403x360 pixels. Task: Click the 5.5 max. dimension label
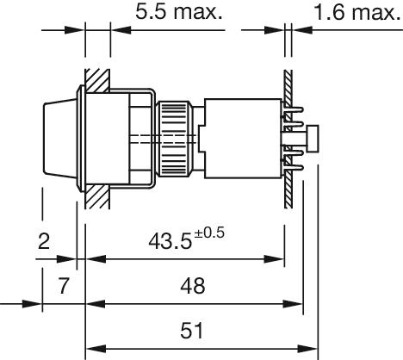click(x=179, y=12)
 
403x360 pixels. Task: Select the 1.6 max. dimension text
click(x=357, y=13)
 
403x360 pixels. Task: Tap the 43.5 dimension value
click(x=170, y=241)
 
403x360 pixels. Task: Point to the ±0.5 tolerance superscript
click(x=209, y=233)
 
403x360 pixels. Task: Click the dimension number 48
click(x=193, y=286)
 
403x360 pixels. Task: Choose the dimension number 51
click(x=192, y=330)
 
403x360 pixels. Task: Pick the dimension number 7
click(x=64, y=286)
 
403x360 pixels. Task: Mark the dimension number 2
click(x=44, y=241)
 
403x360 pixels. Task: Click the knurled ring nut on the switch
click(x=174, y=139)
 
